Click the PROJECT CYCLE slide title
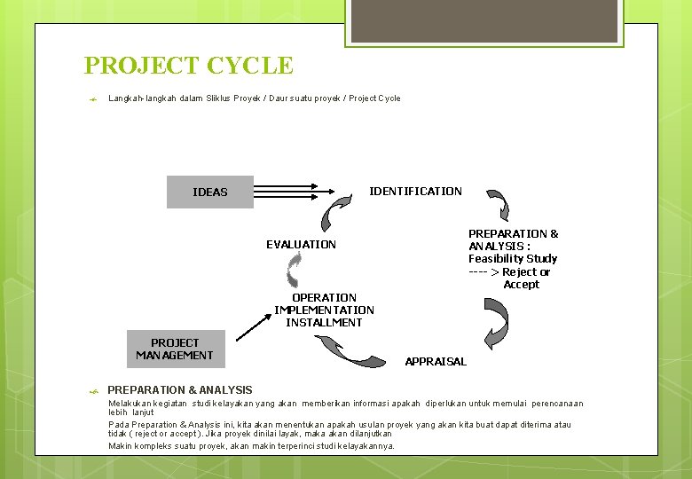(x=188, y=66)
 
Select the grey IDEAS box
(x=209, y=192)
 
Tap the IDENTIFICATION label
(x=415, y=191)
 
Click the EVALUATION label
(x=301, y=244)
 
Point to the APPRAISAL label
(x=436, y=361)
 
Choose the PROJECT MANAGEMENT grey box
(x=175, y=349)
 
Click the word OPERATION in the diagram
(x=324, y=297)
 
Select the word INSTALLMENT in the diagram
(x=324, y=322)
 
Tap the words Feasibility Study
(x=513, y=259)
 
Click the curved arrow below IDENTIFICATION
(x=499, y=204)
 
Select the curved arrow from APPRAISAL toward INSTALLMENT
(x=350, y=351)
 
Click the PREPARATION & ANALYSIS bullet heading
(x=179, y=390)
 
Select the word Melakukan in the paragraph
(x=128, y=404)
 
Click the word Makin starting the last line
(x=119, y=445)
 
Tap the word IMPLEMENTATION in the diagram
(x=324, y=310)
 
